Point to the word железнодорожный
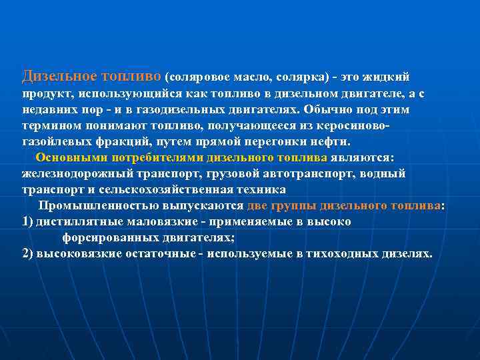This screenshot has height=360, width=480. coord(73,173)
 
